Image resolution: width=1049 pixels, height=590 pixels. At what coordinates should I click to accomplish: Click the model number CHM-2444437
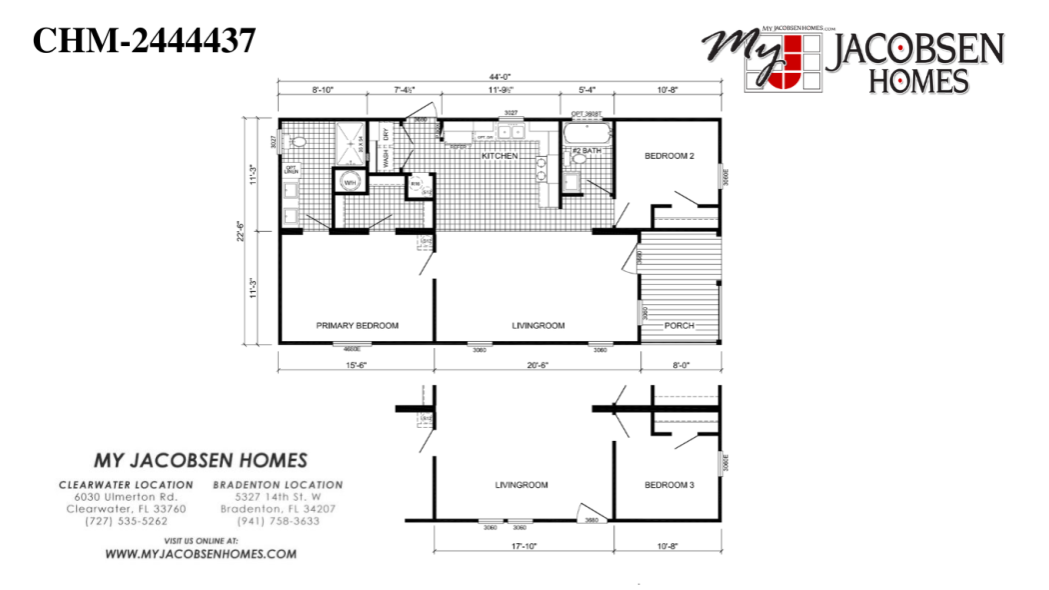[x=145, y=41]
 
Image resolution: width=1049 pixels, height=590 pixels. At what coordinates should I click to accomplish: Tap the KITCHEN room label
[x=499, y=157]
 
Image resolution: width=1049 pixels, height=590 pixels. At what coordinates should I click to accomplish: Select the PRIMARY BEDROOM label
[x=357, y=325]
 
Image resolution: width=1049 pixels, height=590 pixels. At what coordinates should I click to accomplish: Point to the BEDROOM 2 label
[x=668, y=156]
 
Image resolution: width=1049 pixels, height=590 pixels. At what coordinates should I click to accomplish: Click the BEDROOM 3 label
[x=668, y=485]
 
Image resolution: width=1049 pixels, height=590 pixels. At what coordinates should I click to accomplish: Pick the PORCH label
[x=679, y=325]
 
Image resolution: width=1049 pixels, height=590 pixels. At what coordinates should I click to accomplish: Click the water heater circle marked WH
[x=351, y=183]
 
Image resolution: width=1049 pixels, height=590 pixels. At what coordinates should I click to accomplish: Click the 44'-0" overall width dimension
[x=499, y=78]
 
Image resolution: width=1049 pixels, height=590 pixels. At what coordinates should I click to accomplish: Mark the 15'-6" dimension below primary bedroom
[x=356, y=366]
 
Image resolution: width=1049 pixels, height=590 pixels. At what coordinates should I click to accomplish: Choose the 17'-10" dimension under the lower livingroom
[x=523, y=545]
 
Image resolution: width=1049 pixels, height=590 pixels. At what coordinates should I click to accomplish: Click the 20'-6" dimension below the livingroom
[x=537, y=366]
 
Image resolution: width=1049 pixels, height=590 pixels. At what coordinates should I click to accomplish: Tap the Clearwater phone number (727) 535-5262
[x=126, y=521]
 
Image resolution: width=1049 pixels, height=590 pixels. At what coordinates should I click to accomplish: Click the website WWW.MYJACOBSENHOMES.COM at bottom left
[x=200, y=554]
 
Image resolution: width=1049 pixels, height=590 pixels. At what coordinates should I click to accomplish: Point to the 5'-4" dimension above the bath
[x=586, y=91]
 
